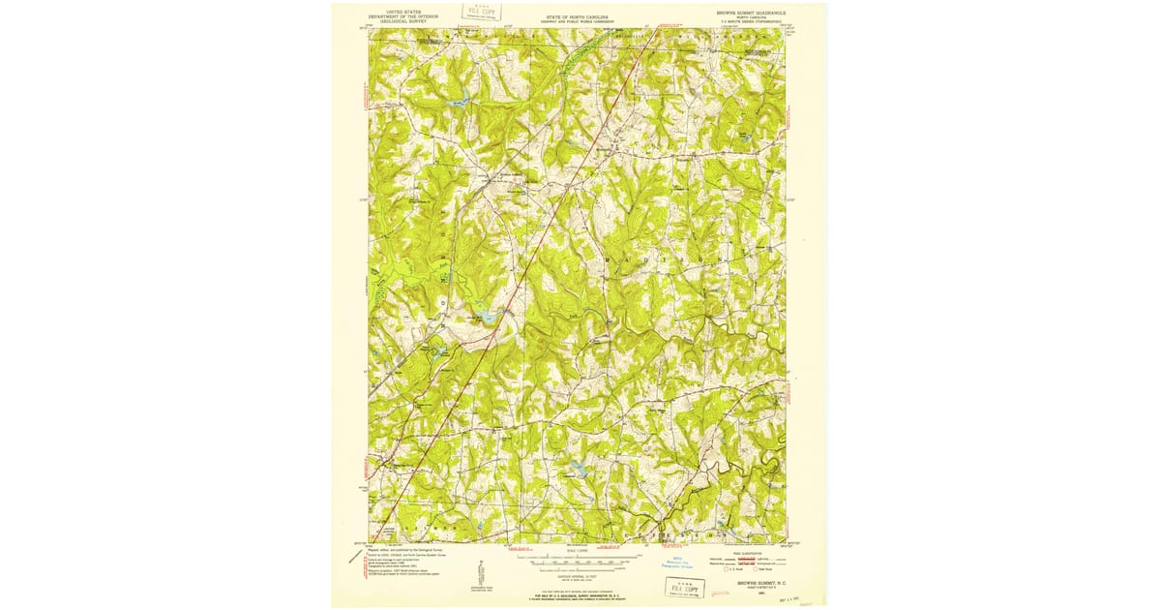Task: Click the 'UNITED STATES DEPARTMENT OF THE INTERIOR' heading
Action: coord(403,16)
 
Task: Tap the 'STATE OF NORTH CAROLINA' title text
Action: coord(577,16)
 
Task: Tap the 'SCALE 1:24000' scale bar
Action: coord(577,559)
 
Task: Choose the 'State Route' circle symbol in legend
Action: coord(759,569)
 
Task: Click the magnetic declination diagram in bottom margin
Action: coord(478,571)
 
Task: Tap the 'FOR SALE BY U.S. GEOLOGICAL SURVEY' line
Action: coord(577,594)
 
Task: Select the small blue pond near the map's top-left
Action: coord(459,98)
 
